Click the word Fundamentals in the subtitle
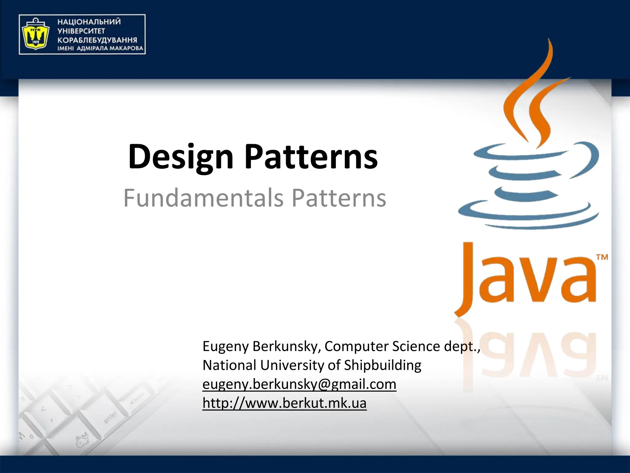click(203, 198)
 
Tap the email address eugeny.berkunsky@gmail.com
click(299, 384)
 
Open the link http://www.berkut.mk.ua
click(284, 403)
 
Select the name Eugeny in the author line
click(225, 347)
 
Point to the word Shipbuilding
click(382, 365)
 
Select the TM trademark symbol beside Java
click(602, 257)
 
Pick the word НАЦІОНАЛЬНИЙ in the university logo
click(89, 22)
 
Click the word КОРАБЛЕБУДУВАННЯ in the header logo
click(97, 40)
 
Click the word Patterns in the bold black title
click(311, 157)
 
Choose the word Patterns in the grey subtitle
click(339, 198)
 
